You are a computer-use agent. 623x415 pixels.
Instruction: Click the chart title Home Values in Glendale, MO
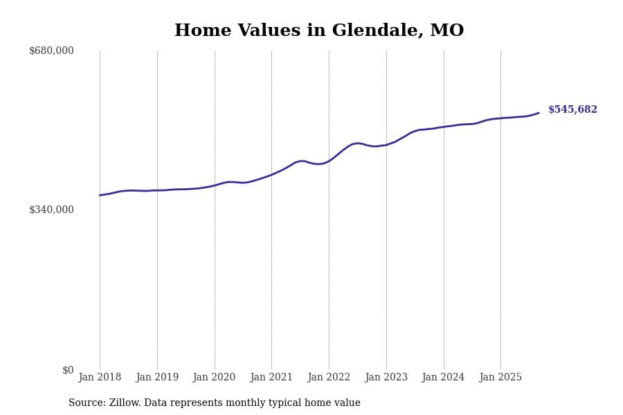tap(319, 30)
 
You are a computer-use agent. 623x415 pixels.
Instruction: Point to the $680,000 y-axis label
tap(51, 50)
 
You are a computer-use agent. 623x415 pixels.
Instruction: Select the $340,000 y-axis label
tap(51, 210)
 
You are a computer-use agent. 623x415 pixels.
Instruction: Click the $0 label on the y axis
tap(68, 370)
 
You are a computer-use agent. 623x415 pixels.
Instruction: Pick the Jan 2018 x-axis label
tap(100, 377)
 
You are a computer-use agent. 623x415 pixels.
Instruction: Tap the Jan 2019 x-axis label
tap(157, 377)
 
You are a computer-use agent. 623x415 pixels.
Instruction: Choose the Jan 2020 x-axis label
tap(215, 377)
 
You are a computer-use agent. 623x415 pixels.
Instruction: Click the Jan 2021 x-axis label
tap(271, 377)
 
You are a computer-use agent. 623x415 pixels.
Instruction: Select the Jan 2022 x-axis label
tap(329, 377)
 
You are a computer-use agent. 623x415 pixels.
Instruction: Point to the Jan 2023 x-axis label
tap(386, 377)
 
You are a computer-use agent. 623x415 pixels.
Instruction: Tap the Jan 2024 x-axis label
tap(444, 377)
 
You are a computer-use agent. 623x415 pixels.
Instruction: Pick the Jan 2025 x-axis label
tap(500, 377)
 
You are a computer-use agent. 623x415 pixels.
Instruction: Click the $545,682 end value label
tap(572, 110)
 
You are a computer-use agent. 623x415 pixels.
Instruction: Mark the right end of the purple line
tap(539, 113)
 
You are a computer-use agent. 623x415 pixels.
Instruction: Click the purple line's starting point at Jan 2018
tap(100, 195)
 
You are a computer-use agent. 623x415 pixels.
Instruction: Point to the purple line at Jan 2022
tap(329, 161)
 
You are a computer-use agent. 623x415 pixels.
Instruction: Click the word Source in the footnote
tap(86, 403)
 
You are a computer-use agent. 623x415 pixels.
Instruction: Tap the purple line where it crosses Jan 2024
tap(444, 127)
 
